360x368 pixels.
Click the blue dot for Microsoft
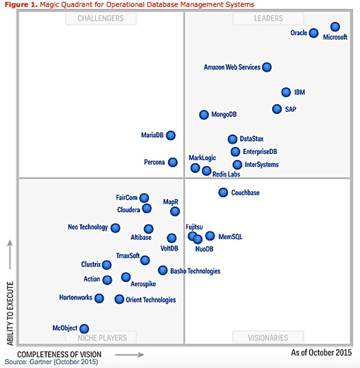coord(335,27)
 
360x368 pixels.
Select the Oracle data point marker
coord(313,33)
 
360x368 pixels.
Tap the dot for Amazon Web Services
coord(267,67)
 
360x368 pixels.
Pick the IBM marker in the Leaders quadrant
coord(286,92)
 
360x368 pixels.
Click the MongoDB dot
coord(204,115)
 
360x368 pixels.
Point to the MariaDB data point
coord(171,135)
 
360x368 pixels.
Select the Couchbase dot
coord(223,192)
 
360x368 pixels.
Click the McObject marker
coord(84,329)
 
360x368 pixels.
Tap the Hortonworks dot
coord(99,298)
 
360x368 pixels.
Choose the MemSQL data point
coord(210,236)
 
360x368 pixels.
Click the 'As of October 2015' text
coord(321,353)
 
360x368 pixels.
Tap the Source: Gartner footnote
coord(51,362)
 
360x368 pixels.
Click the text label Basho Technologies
coord(195,271)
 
